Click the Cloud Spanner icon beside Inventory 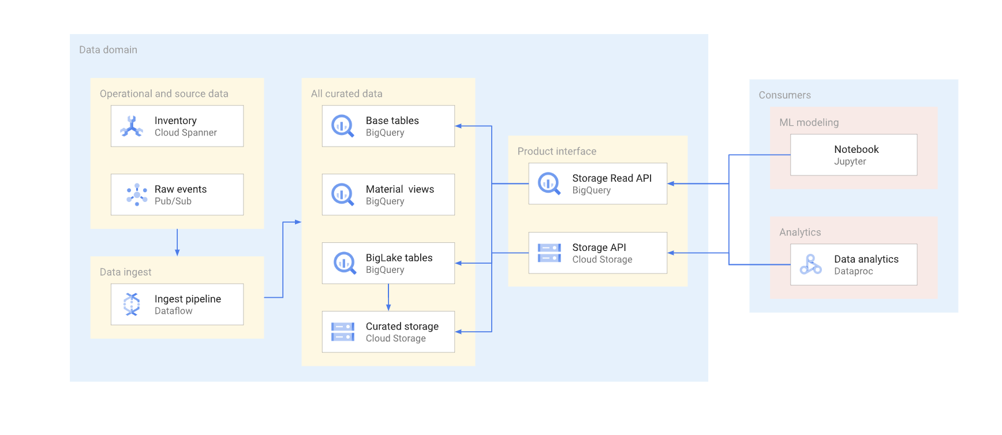pyautogui.click(x=132, y=126)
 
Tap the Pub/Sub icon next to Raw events pyautogui.click(x=137, y=195)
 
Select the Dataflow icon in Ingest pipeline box pyautogui.click(x=132, y=304)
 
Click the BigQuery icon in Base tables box pyautogui.click(x=342, y=126)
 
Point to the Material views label pyautogui.click(x=399, y=189)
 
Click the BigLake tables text pyautogui.click(x=399, y=258)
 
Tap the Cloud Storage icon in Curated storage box pyautogui.click(x=342, y=332)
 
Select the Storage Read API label pyautogui.click(x=612, y=178)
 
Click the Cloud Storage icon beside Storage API pyautogui.click(x=549, y=253)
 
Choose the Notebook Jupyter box pyautogui.click(x=853, y=155)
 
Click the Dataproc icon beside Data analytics pyautogui.click(x=810, y=265)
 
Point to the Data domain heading pyautogui.click(x=108, y=50)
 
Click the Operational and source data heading pyautogui.click(x=164, y=94)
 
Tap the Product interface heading pyautogui.click(x=556, y=152)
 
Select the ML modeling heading pyautogui.click(x=809, y=123)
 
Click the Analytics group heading pyautogui.click(x=799, y=232)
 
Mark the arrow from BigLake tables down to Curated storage pyautogui.click(x=388, y=298)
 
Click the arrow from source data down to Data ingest pyautogui.click(x=177, y=243)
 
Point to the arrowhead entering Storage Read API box pyautogui.click(x=671, y=183)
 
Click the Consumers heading pyautogui.click(x=784, y=95)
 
